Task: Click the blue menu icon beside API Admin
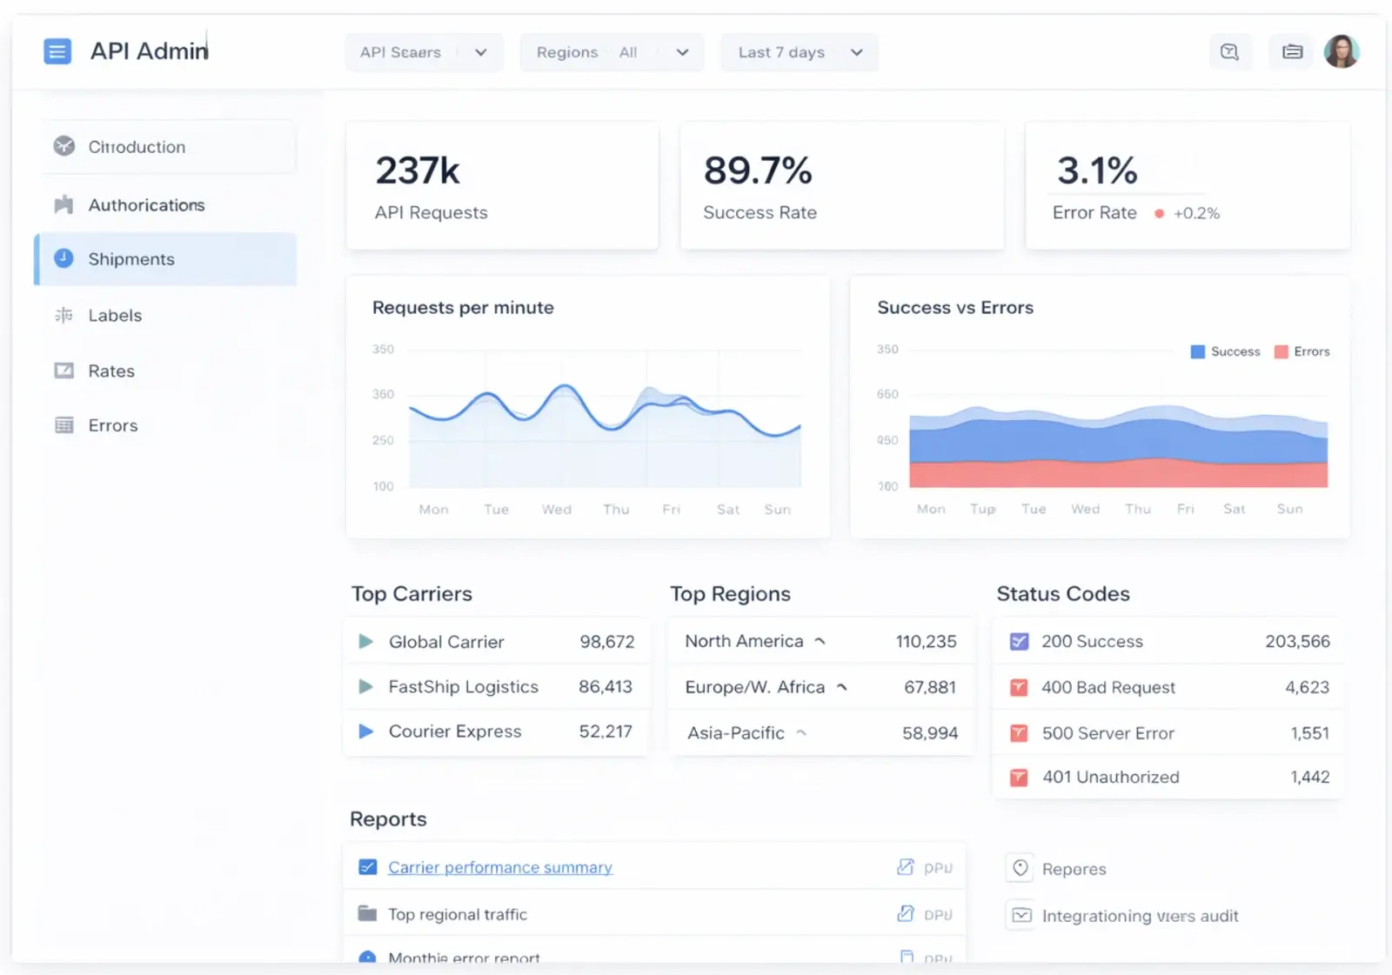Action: [x=57, y=51]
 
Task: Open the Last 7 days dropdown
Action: [x=799, y=52]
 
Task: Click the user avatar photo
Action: [x=1341, y=51]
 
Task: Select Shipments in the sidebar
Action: [x=131, y=259]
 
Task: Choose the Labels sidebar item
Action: [x=115, y=316]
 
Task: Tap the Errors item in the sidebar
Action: [x=113, y=425]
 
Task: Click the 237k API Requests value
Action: [x=418, y=170]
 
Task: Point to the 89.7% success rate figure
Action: [x=758, y=170]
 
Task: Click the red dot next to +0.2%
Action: [x=1159, y=213]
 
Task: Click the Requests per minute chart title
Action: [x=463, y=308]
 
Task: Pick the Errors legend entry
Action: [x=1302, y=351]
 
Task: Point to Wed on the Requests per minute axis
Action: [x=557, y=510]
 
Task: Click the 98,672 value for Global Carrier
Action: [x=607, y=642]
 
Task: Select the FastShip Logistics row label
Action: [x=463, y=687]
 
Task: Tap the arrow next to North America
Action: [x=820, y=641]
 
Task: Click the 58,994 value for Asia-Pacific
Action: [x=930, y=733]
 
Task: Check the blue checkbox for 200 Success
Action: [x=1019, y=642]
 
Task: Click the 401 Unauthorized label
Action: [x=1111, y=777]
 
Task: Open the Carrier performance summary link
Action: [x=500, y=867]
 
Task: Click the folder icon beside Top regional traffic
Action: [x=367, y=914]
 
